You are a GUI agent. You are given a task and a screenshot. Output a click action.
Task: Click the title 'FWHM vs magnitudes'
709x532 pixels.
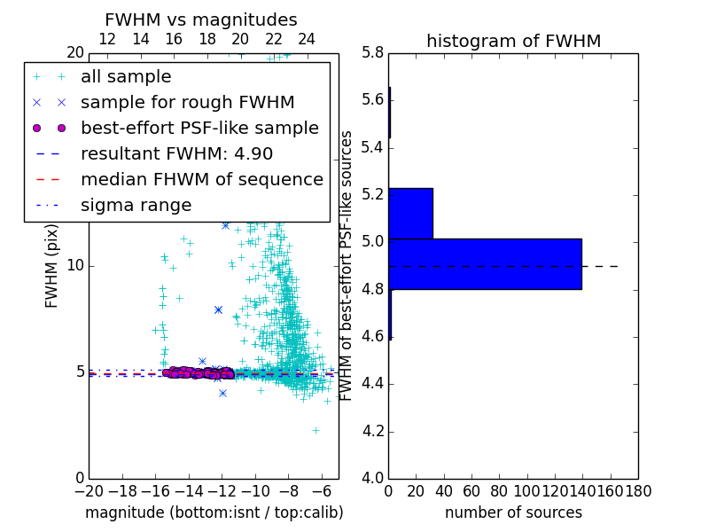(x=200, y=20)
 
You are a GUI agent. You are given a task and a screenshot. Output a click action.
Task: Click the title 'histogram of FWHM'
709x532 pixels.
(x=513, y=41)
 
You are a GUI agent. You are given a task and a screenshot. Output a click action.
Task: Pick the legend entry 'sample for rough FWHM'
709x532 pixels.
(x=187, y=102)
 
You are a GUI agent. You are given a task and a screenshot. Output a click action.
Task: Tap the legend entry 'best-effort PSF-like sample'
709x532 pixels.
(x=199, y=128)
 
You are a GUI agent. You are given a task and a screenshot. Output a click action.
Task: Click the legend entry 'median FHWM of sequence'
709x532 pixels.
(x=201, y=179)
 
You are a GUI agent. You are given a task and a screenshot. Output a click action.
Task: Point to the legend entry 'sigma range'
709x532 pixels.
(x=136, y=205)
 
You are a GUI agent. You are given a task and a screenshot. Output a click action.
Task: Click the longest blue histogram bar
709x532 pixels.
(x=485, y=264)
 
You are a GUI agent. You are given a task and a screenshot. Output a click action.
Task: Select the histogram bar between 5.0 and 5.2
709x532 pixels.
(x=410, y=214)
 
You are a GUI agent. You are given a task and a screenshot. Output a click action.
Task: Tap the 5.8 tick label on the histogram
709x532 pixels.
(x=371, y=52)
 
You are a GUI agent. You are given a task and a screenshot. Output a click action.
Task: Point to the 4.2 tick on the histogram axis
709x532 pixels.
(x=371, y=431)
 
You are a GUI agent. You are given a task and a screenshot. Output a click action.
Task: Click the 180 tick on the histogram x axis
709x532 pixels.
(x=638, y=490)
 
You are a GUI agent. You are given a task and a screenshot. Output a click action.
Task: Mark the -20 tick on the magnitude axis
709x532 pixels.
(x=89, y=490)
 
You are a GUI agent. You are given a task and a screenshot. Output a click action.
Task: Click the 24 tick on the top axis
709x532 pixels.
(x=307, y=39)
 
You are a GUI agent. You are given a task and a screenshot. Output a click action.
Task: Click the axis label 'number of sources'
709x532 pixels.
(x=513, y=512)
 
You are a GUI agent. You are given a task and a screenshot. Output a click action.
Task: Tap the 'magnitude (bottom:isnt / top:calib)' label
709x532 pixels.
(x=214, y=512)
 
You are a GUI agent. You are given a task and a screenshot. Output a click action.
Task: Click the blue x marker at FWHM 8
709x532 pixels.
(x=218, y=309)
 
